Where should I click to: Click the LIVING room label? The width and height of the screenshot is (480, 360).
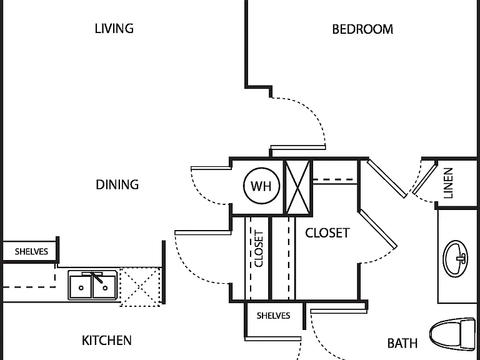[114, 29]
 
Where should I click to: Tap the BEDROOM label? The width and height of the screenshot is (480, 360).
[362, 29]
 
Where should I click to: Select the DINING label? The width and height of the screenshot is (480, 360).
[117, 184]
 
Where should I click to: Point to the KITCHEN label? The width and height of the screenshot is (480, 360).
[106, 341]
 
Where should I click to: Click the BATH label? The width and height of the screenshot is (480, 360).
[402, 343]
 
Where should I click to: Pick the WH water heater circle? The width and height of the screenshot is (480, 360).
[261, 186]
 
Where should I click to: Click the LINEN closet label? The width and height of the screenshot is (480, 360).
[448, 183]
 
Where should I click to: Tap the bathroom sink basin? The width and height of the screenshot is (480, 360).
[456, 259]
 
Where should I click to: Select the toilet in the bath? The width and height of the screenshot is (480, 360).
[452, 334]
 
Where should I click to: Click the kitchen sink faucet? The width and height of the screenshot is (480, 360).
[97, 277]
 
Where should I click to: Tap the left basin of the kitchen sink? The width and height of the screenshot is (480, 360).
[81, 287]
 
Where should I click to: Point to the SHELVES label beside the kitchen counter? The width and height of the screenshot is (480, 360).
[31, 252]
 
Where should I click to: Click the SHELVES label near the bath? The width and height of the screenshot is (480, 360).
[273, 316]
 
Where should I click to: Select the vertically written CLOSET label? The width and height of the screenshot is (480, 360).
[259, 249]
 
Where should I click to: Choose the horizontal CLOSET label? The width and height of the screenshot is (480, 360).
[327, 233]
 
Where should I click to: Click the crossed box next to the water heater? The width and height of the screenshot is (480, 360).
[297, 187]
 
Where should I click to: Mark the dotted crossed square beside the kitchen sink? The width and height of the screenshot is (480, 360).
[140, 287]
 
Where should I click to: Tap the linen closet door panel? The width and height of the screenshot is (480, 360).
[424, 179]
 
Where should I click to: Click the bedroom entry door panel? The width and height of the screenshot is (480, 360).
[298, 147]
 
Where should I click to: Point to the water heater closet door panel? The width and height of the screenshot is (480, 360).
[211, 168]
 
